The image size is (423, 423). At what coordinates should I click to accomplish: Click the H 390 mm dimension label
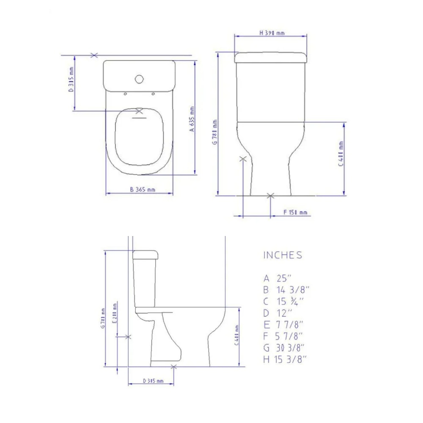pyautogui.click(x=272, y=33)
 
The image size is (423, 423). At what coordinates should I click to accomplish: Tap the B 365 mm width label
pyautogui.click(x=143, y=190)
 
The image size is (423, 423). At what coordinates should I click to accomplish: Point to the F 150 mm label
pyautogui.click(x=295, y=212)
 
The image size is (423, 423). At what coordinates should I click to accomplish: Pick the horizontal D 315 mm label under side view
pyautogui.click(x=153, y=381)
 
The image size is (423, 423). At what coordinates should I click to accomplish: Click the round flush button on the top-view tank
pyautogui.click(x=139, y=79)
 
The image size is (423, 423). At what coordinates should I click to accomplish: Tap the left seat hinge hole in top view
pyautogui.click(x=126, y=94)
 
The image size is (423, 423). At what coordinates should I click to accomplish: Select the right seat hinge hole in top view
pyautogui.click(x=153, y=94)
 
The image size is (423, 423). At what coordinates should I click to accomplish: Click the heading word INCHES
pyautogui.click(x=283, y=255)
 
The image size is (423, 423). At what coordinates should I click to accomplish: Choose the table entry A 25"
pyautogui.click(x=278, y=278)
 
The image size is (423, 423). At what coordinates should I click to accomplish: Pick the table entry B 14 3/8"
pyautogui.click(x=286, y=290)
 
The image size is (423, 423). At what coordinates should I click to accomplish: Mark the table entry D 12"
pyautogui.click(x=278, y=313)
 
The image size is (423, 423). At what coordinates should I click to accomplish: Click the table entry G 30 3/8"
pyautogui.click(x=284, y=348)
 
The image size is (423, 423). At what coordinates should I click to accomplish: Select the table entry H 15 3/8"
pyautogui.click(x=284, y=359)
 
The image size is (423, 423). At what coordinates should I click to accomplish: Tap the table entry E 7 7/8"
pyautogui.click(x=283, y=325)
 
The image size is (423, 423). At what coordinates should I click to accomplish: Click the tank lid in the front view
pyautogui.click(x=270, y=57)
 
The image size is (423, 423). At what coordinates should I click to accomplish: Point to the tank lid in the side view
pyautogui.click(x=146, y=254)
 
